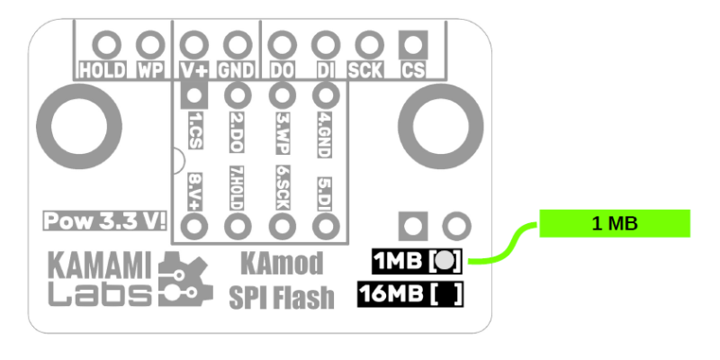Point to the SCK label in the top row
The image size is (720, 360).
pos(367,69)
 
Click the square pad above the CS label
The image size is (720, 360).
pos(413,42)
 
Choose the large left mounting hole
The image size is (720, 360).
pos(80,123)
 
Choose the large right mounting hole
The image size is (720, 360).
pos(436,123)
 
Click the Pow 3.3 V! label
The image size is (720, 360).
pos(105,220)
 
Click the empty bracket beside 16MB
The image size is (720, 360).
pos(447,294)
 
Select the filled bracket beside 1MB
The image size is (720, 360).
pos(447,262)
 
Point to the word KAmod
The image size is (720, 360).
pos(283,264)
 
